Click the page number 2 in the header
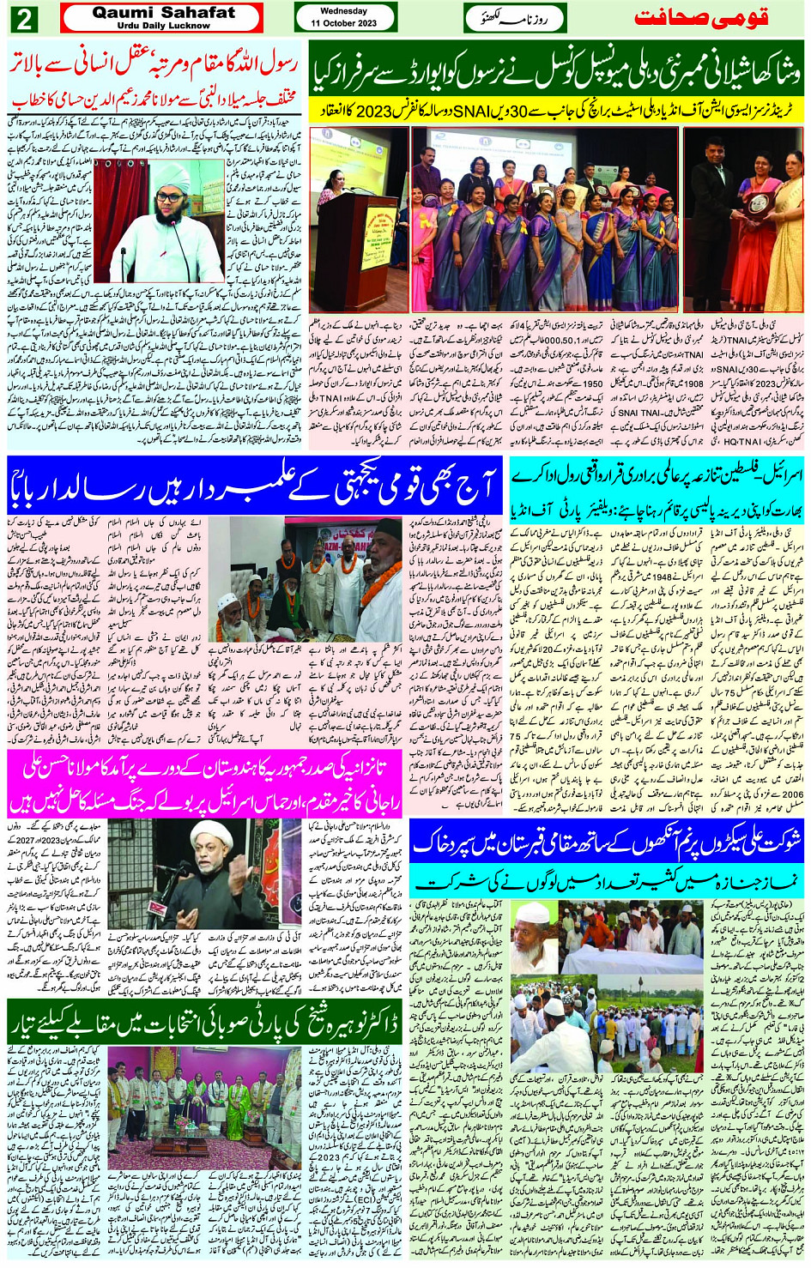22,18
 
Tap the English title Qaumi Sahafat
162,12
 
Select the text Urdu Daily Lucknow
162,26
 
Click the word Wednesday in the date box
344,11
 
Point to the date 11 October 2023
344,23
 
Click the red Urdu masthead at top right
712,18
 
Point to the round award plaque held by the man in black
759,203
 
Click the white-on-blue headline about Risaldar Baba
253,486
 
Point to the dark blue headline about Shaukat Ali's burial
606,844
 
